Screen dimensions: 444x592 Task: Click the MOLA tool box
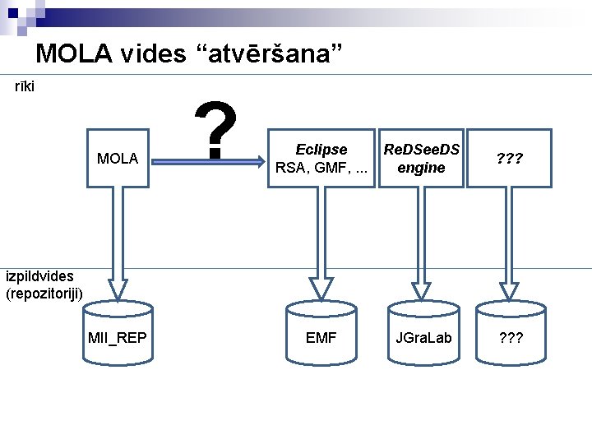118,158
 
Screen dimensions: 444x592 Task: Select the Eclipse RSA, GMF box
321,158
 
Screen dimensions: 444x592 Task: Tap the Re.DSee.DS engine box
421,158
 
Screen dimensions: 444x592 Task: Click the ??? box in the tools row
510,158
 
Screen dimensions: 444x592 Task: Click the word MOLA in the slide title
76,54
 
